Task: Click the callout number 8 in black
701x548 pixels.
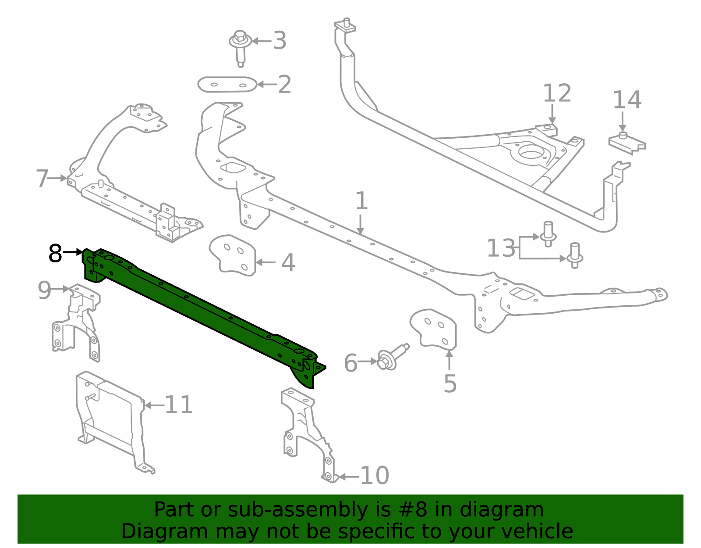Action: click(55, 253)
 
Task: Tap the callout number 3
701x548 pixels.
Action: click(280, 41)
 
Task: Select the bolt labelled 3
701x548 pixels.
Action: click(240, 46)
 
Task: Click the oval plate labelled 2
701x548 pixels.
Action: click(227, 84)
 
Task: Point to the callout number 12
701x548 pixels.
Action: click(557, 93)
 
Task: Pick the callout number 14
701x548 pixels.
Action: click(627, 100)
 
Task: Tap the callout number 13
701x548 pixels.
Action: click(501, 248)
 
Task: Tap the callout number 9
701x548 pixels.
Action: click(44, 290)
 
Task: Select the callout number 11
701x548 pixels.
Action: click(179, 405)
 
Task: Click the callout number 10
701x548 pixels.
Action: click(375, 476)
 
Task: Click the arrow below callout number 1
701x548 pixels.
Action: click(360, 225)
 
